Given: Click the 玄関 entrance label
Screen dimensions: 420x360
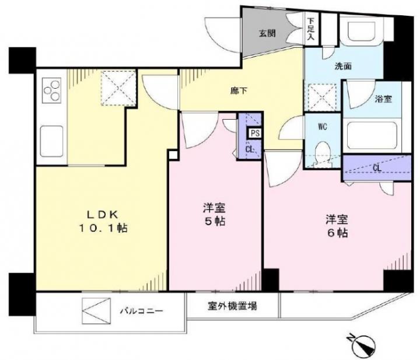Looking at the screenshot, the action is [267, 34].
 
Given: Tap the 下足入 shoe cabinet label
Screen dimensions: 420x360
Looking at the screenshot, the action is [311, 29].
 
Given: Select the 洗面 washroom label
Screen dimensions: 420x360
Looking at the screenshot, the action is [343, 66].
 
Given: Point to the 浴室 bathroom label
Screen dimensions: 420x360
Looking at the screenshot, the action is [384, 99].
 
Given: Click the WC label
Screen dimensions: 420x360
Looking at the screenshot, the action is [323, 127].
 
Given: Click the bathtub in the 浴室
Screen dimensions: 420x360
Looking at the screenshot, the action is [371, 136].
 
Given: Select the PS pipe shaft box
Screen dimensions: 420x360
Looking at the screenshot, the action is [255, 133].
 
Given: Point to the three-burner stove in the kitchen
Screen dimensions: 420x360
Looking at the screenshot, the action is [52, 90].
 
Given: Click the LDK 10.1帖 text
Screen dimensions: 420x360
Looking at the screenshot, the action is [103, 221].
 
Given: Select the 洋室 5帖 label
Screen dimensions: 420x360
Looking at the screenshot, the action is [213, 215].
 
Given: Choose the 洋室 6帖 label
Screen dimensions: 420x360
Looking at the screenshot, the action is [337, 226].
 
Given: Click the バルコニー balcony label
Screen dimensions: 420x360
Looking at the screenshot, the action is [141, 311].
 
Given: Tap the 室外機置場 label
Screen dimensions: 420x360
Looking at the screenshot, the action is [233, 306].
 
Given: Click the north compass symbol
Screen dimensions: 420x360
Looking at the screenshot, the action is [362, 343].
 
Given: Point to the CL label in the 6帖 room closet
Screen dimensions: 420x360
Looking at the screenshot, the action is [377, 168].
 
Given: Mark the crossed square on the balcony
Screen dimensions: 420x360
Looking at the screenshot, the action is [96, 311].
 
